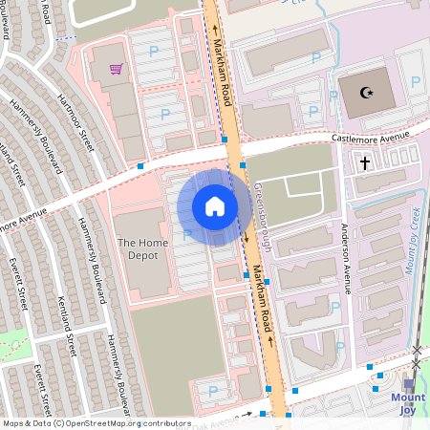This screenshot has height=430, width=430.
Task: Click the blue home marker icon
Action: tap(215, 206)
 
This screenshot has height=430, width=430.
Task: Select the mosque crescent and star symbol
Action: tap(364, 93)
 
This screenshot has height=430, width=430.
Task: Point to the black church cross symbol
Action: tap(364, 163)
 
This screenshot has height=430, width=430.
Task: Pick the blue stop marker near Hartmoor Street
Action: tap(140, 166)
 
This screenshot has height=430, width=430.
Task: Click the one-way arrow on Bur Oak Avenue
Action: tap(247, 414)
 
